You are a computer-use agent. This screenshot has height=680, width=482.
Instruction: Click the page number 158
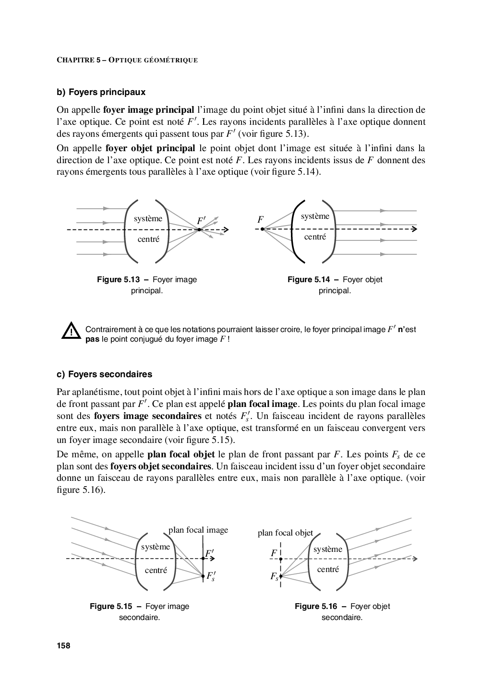tap(63, 645)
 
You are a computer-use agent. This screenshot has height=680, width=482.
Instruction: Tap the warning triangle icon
tap(71, 330)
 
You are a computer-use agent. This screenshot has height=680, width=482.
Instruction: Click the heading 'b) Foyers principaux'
tap(101, 92)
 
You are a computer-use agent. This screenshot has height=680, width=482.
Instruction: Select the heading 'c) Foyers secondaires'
tap(104, 374)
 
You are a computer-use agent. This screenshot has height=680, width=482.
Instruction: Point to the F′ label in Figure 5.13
tap(201, 221)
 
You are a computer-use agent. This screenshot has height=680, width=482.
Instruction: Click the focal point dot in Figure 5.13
tap(199, 230)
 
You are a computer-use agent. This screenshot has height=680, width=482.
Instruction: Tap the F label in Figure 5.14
tap(260, 219)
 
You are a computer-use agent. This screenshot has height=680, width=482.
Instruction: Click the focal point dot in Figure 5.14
tap(263, 229)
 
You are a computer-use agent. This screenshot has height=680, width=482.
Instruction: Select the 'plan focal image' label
tap(198, 530)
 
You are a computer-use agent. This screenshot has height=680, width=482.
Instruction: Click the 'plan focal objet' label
tap(285, 533)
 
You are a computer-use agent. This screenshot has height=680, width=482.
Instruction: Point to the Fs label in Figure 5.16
tap(274, 576)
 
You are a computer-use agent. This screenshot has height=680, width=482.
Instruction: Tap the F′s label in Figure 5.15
tap(211, 576)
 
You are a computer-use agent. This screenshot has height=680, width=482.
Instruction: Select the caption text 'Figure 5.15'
tap(111, 606)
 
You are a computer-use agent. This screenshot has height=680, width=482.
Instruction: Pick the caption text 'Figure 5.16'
tap(316, 606)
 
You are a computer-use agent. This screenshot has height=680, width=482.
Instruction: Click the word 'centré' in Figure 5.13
tap(148, 239)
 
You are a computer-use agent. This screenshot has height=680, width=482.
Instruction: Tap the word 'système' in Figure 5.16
tap(328, 549)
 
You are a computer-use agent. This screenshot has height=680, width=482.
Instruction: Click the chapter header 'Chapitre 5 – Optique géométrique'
tap(127, 60)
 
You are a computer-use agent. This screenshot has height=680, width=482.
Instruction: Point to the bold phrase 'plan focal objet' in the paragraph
tap(181, 454)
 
